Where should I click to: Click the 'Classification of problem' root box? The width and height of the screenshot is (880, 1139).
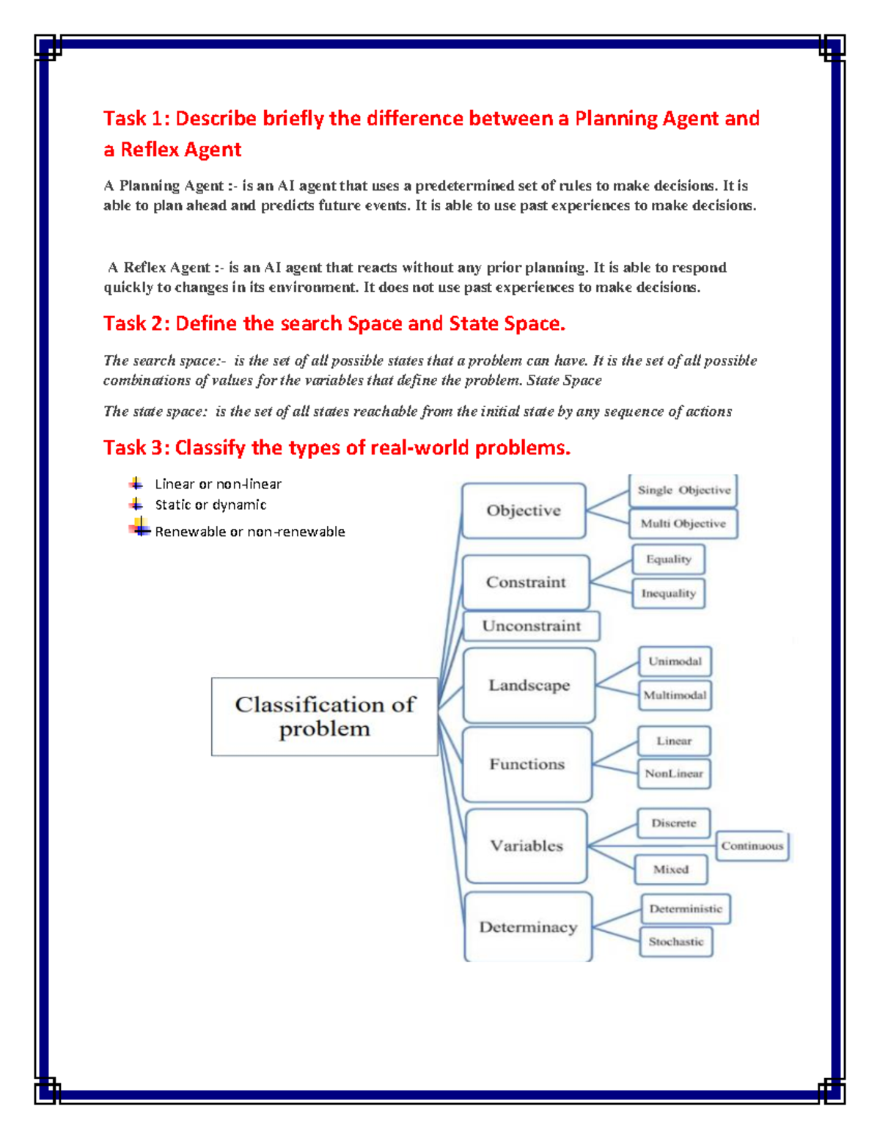click(x=324, y=717)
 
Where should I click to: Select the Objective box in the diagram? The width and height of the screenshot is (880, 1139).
click(x=524, y=510)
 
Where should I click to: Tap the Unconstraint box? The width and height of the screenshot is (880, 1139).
click(x=531, y=626)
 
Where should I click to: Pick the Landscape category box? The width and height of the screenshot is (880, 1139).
click(x=529, y=685)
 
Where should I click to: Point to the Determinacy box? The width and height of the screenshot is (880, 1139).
click(x=528, y=927)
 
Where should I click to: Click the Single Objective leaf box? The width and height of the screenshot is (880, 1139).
click(x=683, y=490)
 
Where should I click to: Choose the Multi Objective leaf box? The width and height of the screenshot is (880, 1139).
click(x=683, y=524)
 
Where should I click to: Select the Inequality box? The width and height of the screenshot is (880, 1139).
click(x=668, y=593)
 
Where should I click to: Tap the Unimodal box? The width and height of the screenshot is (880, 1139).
click(x=675, y=661)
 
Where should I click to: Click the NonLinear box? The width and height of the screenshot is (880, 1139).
click(x=674, y=773)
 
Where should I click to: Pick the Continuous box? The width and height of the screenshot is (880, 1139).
click(x=752, y=846)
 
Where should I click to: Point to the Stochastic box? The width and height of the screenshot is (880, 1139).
click(x=675, y=942)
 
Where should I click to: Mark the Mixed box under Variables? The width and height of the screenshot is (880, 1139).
click(x=671, y=869)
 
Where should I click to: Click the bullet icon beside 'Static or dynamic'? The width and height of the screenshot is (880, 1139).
click(x=136, y=504)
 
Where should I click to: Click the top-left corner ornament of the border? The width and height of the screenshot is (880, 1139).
click(x=48, y=48)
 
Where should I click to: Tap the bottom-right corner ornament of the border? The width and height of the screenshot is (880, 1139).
click(x=832, y=1090)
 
